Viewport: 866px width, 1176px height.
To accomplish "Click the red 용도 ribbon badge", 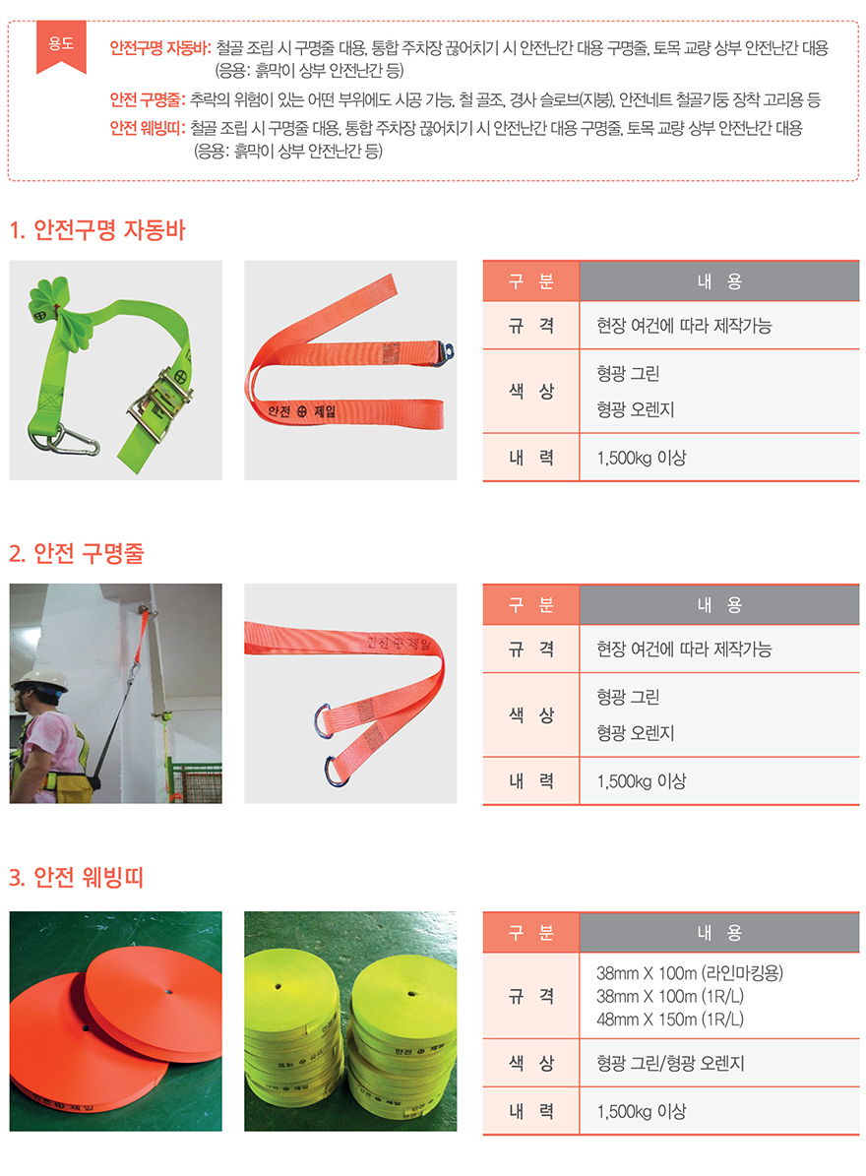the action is pos(61,46).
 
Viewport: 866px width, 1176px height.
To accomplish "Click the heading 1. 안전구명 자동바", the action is pos(97,229).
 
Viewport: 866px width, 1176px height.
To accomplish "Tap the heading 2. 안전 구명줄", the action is pos(77,553).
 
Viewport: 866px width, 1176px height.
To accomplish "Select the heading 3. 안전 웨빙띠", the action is pos(77,877).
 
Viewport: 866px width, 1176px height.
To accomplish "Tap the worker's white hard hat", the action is pos(39,679).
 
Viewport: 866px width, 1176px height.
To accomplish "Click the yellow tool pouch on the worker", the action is pos(71,787).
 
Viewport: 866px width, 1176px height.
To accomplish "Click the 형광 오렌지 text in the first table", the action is pos(635,409).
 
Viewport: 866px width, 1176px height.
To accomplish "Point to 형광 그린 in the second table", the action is pos(628,697).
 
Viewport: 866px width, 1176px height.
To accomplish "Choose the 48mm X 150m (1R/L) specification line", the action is pos(669,1020).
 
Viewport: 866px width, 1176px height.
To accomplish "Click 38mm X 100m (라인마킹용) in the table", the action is pos(689,972).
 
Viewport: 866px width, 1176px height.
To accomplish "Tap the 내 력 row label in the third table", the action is pos(530,1111).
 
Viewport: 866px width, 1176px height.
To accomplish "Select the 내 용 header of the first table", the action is pos(719,281).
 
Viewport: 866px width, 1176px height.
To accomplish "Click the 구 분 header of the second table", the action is pos(530,604).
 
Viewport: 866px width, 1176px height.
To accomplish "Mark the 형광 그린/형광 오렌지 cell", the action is pos(670,1063).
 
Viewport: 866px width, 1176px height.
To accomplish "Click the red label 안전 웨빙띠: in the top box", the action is pos(147,128).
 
